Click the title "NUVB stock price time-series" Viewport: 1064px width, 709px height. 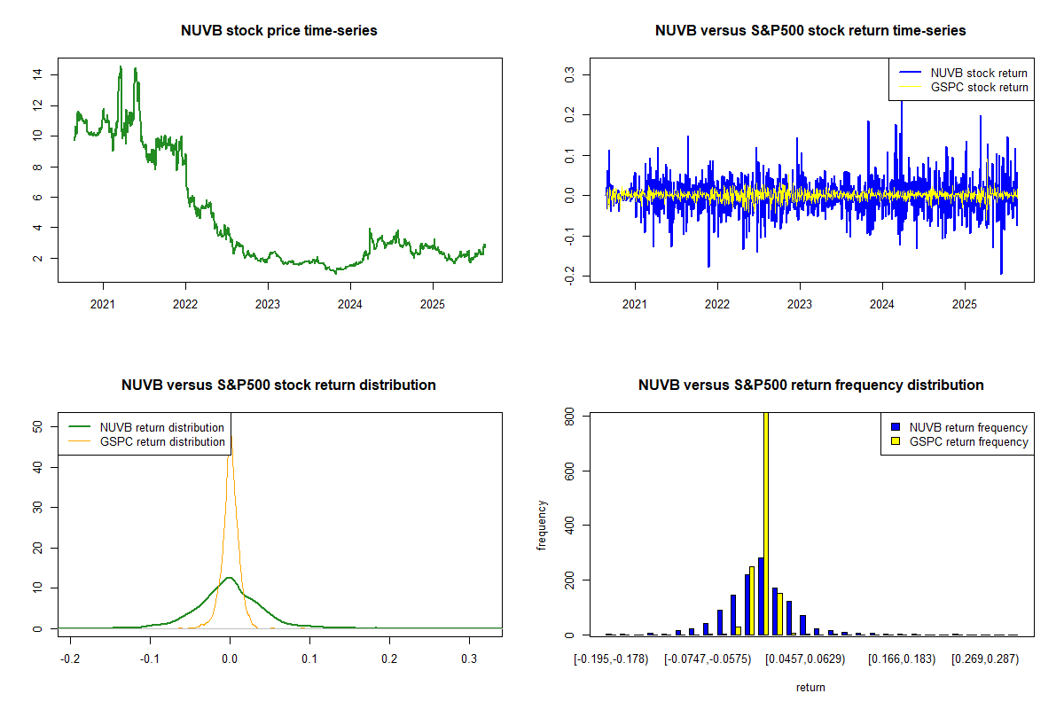279,31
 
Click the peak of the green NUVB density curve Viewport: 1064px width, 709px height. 230,578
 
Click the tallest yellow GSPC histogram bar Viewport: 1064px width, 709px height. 766,523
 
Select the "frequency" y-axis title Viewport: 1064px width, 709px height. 543,525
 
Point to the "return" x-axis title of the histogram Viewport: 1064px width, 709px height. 810,687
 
